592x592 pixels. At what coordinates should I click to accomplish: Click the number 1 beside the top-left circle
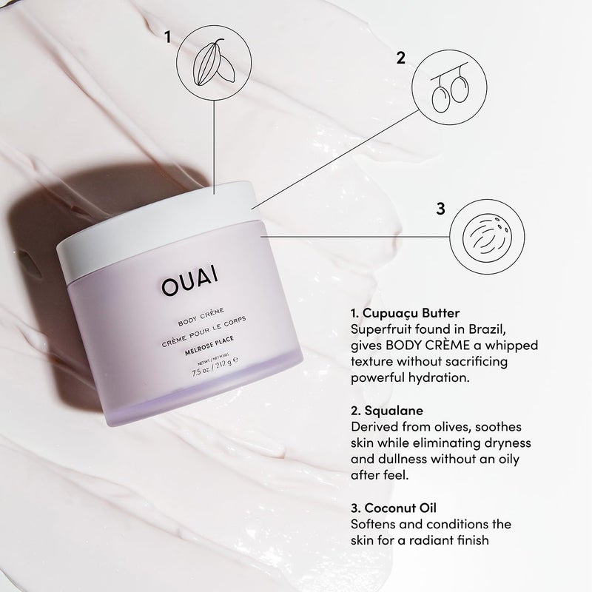tap(169, 35)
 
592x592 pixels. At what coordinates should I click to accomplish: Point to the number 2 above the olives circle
tap(401, 58)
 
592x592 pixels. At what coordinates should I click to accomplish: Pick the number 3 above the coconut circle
tap(441, 209)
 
